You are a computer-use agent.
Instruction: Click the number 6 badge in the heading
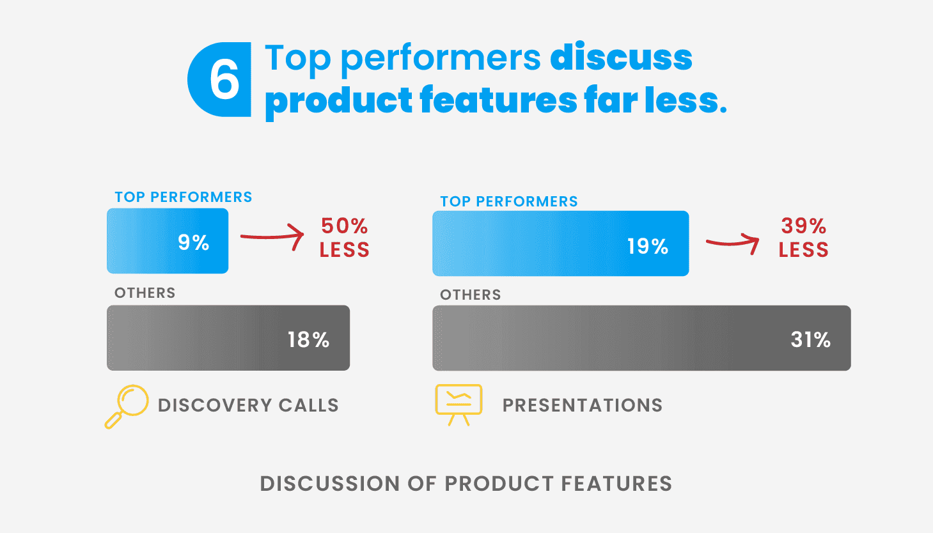click(x=219, y=79)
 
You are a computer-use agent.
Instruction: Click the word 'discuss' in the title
click(x=621, y=58)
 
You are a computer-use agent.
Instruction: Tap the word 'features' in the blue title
click(x=498, y=100)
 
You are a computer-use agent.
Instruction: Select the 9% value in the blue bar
click(x=193, y=242)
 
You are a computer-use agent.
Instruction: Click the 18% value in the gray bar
click(x=309, y=340)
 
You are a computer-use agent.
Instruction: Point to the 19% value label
click(x=648, y=246)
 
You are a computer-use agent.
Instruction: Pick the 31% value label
click(x=811, y=340)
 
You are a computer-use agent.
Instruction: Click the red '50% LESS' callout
click(x=345, y=238)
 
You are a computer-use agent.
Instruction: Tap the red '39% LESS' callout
click(x=803, y=238)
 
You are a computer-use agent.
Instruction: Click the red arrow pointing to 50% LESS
click(x=272, y=236)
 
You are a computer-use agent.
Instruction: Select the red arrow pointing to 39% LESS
click(x=732, y=243)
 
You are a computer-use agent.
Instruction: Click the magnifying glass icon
click(x=126, y=406)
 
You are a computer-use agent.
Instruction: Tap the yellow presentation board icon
click(x=459, y=405)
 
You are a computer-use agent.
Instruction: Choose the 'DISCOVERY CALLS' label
click(x=248, y=405)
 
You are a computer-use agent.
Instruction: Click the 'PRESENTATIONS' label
click(x=583, y=405)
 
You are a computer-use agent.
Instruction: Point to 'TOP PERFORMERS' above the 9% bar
click(x=184, y=197)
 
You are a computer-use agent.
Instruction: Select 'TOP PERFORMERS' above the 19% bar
click(x=509, y=201)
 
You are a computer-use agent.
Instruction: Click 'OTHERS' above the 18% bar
click(x=145, y=293)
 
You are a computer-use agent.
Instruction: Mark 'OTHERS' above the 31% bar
click(x=471, y=295)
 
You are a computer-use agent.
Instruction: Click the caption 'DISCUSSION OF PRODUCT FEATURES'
click(x=466, y=484)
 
